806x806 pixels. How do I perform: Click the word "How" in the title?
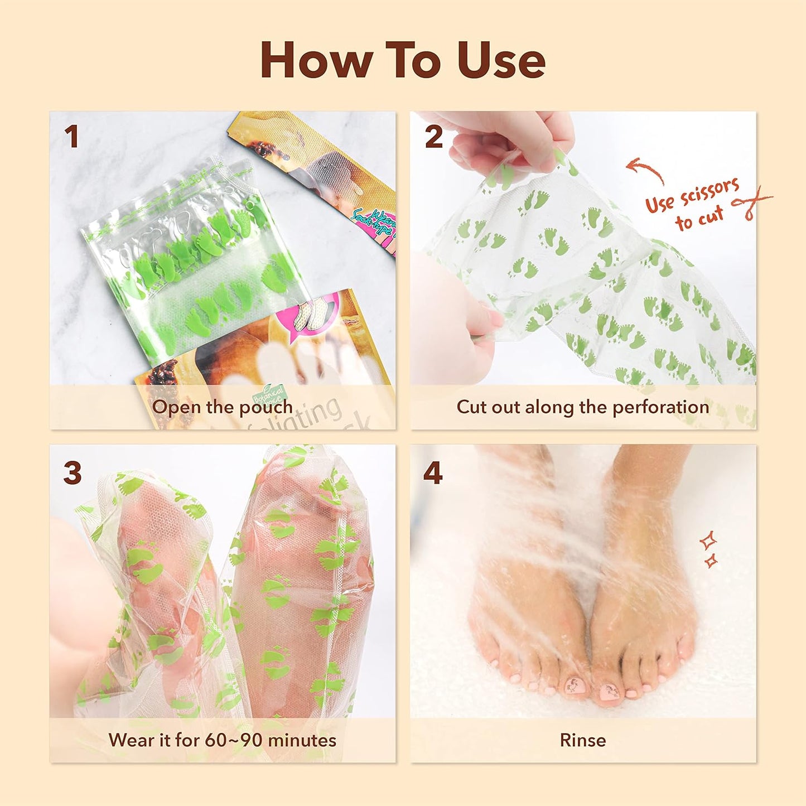[316, 60]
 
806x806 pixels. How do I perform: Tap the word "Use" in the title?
[500, 60]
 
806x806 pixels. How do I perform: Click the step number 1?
[71, 137]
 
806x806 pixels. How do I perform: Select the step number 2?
[434, 137]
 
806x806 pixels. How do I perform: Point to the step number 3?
[73, 473]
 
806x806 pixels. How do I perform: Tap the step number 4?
[433, 473]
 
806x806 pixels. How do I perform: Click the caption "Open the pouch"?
[222, 407]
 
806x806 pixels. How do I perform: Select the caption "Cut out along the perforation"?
[583, 407]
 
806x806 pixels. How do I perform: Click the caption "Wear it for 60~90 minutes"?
[222, 740]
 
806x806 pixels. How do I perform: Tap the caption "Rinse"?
[583, 740]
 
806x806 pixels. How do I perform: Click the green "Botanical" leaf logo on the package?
[269, 394]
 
